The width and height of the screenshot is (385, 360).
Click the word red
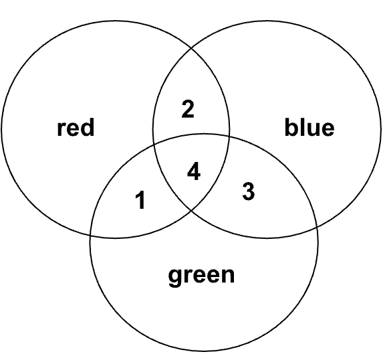(x=76, y=127)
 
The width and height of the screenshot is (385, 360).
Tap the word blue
(x=309, y=127)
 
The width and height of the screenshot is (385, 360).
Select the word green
(x=201, y=276)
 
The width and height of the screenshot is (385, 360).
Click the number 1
(x=140, y=201)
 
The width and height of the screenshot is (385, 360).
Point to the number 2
(x=188, y=109)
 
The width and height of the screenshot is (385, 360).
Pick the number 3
(x=249, y=191)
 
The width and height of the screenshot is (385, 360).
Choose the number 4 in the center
(x=194, y=171)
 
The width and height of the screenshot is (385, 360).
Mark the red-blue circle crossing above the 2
(x=191, y=48)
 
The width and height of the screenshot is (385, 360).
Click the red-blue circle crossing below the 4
(x=191, y=211)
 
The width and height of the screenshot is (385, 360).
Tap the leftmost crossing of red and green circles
(x=91, y=235)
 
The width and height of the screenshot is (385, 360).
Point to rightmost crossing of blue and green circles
(x=317, y=227)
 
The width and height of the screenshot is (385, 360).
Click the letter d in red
(x=88, y=127)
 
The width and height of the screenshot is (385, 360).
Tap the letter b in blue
(x=291, y=127)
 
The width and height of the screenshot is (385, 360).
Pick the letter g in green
(x=175, y=278)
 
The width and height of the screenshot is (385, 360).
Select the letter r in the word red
(x=61, y=129)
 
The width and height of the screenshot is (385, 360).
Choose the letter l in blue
(x=301, y=127)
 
